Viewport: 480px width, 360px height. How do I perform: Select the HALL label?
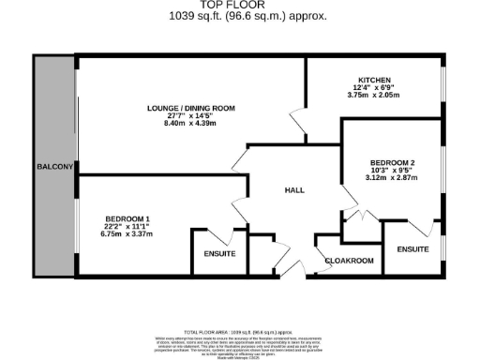294,190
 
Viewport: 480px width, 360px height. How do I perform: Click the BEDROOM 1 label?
127,218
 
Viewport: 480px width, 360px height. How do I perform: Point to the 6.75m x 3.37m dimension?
127,233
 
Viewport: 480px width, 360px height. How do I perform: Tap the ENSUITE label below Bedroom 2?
412,249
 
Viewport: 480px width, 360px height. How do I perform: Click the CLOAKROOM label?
349,261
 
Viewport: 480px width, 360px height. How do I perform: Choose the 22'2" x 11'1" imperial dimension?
127,226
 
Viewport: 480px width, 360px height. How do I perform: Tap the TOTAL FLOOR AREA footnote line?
242,332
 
